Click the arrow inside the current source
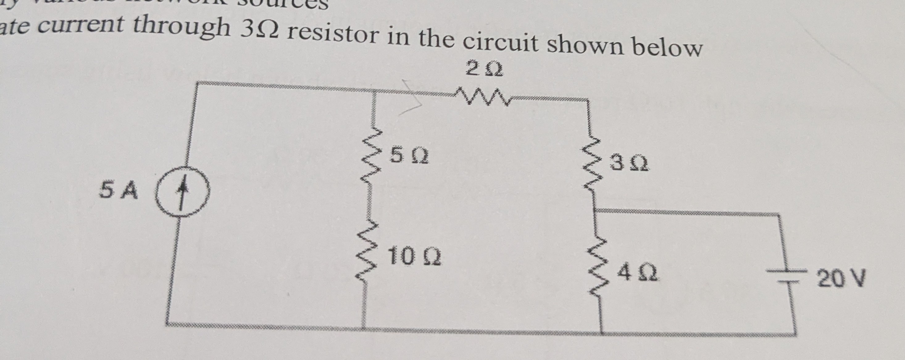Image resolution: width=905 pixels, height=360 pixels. [x=181, y=193]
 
